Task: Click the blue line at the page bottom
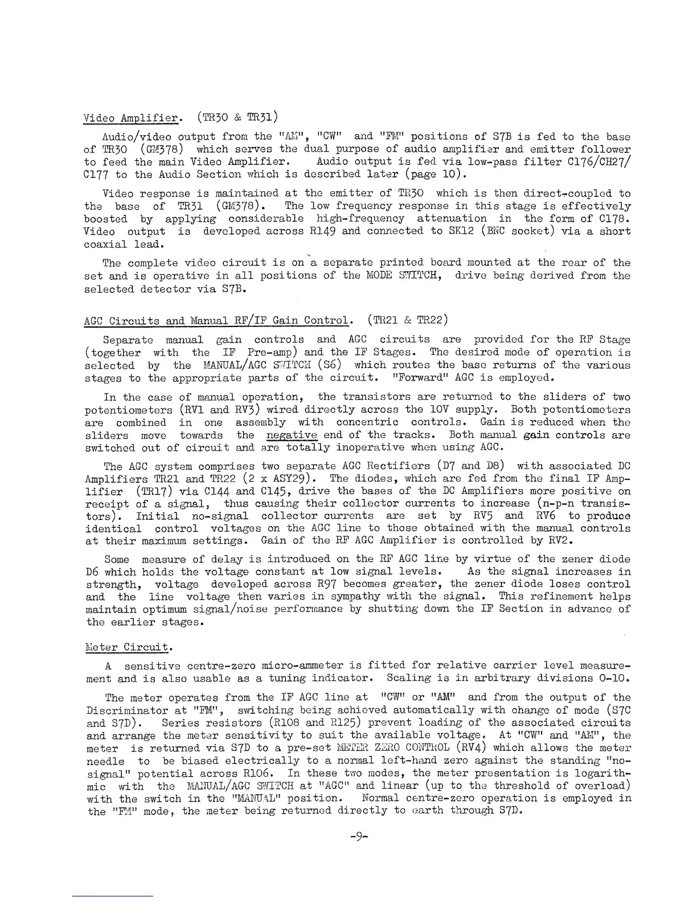pyautogui.click(x=113, y=896)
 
